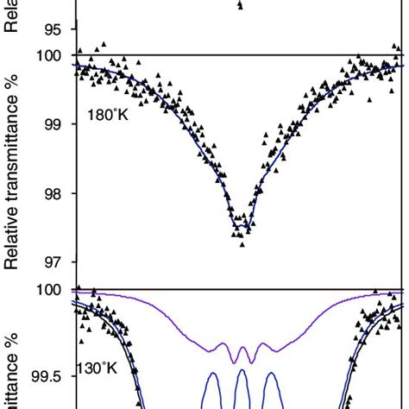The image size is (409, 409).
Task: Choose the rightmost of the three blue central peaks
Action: click(x=272, y=398)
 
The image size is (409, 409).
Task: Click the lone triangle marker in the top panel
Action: click(x=240, y=5)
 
